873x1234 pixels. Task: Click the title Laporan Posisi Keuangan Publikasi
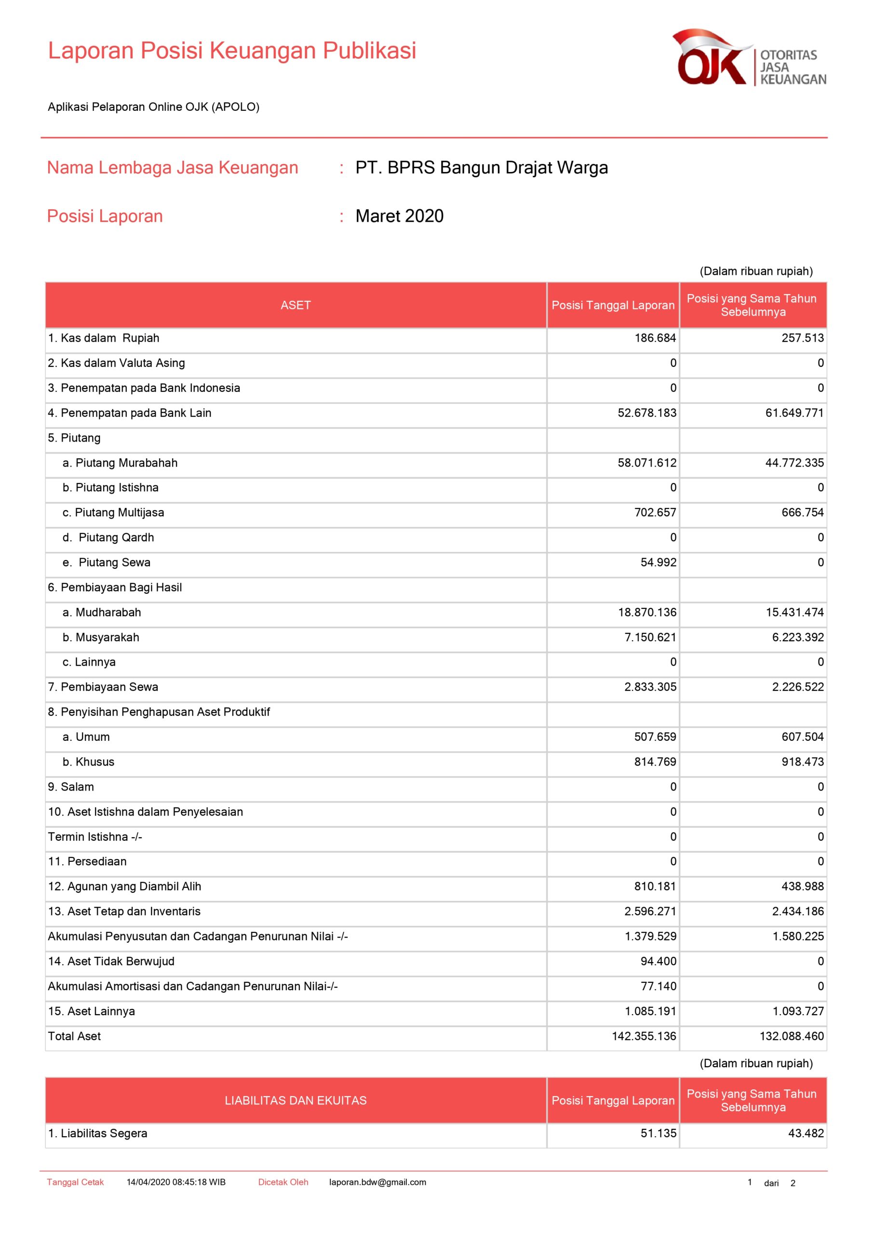(232, 51)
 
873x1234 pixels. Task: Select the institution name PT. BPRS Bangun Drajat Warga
(481, 168)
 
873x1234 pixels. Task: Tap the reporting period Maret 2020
(400, 216)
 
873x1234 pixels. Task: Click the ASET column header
(295, 305)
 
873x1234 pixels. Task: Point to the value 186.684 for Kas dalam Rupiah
(655, 338)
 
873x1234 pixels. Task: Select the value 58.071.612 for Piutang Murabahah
(647, 463)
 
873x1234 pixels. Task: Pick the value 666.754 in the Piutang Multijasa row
(802, 512)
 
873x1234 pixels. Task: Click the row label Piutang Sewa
(114, 562)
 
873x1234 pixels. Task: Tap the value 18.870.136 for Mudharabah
(647, 612)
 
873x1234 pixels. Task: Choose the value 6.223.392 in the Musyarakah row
(798, 637)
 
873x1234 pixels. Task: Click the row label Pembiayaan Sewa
(109, 687)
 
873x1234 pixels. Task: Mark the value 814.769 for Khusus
(655, 762)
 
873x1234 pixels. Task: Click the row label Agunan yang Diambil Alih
(134, 886)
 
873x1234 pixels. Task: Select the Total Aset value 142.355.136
(644, 1036)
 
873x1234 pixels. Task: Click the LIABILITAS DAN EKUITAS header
(295, 1100)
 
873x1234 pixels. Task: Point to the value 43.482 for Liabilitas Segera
(805, 1133)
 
